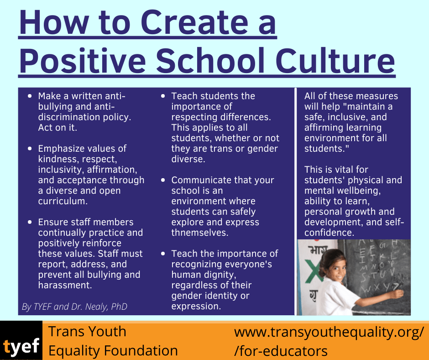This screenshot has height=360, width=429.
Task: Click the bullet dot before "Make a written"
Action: coord(30,96)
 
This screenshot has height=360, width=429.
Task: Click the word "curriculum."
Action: coord(62,201)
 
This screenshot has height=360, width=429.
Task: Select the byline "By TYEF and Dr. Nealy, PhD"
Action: coord(74,307)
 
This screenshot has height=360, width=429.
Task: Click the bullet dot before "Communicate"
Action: coord(163,180)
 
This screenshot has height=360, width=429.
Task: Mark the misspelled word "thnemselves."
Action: coord(200,233)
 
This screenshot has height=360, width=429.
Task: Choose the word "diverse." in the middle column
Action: coord(188,159)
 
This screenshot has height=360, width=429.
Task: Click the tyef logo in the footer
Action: coord(21,346)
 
